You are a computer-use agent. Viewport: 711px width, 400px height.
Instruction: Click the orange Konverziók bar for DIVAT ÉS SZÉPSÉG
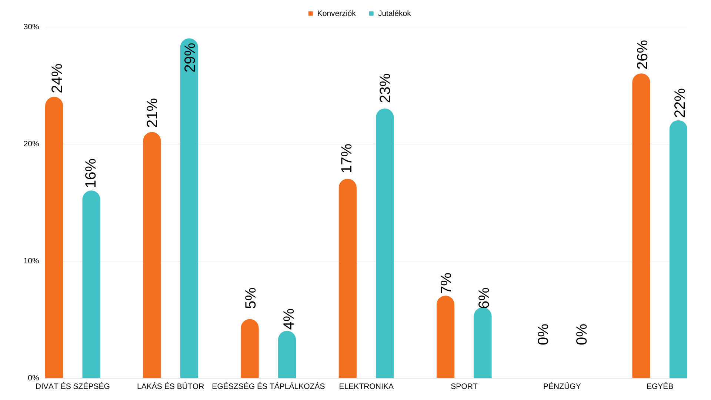pos(54,237)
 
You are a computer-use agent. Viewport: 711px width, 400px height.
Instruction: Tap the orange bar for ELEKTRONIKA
pos(347,278)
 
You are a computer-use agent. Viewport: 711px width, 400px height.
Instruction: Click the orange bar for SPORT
pos(445,337)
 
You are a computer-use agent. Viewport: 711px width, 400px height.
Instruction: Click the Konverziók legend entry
pos(332,14)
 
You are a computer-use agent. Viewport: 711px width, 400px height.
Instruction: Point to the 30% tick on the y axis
pos(31,27)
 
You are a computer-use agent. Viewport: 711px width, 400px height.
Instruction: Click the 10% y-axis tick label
pos(31,261)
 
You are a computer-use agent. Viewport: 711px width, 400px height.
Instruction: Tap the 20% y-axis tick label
pos(31,144)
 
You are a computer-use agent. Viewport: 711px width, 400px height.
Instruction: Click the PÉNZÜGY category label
pos(562,386)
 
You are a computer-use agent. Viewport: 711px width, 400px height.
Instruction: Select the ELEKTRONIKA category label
pos(366,386)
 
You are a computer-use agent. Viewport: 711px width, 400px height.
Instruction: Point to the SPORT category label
pos(464,386)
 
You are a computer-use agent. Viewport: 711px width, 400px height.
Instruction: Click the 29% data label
pos(190,57)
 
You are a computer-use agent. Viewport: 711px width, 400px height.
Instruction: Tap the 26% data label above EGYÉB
pos(642,55)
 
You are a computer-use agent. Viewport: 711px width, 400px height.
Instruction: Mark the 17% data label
pos(347,158)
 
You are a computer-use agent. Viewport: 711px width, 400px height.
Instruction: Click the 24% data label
pos(57,78)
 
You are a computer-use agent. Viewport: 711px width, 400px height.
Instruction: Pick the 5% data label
pos(251,298)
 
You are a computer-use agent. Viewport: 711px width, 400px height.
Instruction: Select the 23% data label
pos(385,88)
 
